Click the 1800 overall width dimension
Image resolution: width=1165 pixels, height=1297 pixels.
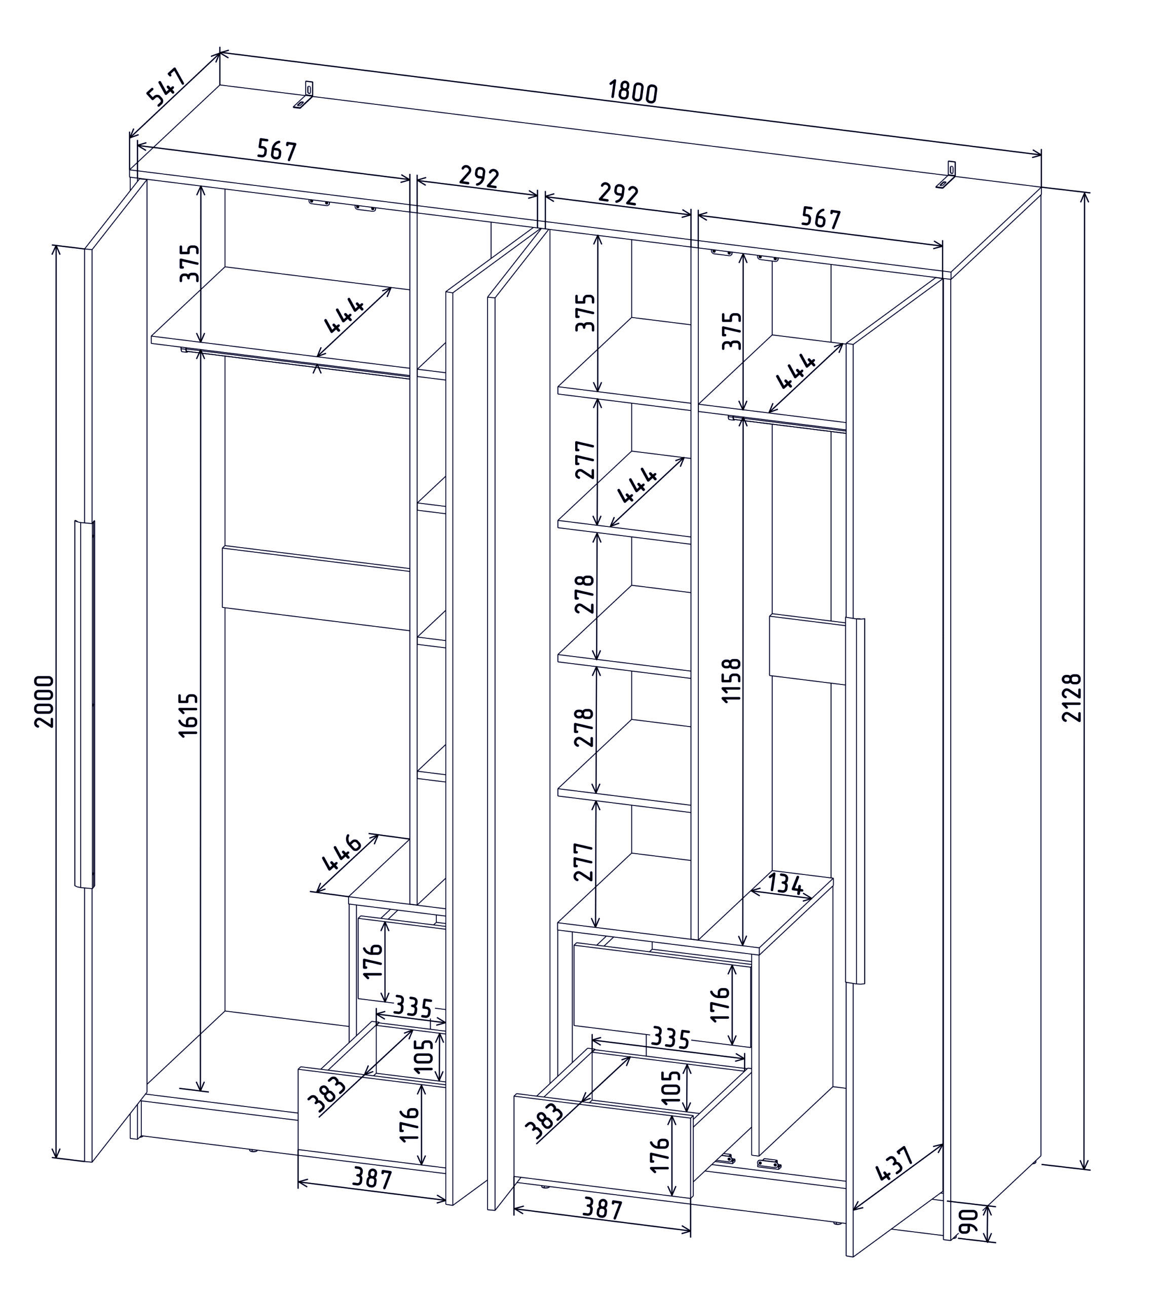click(x=632, y=92)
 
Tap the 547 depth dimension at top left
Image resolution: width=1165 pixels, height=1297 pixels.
click(x=166, y=86)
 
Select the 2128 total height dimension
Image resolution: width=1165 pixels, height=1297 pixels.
click(x=1071, y=698)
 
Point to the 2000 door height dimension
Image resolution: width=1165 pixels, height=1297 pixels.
click(x=45, y=701)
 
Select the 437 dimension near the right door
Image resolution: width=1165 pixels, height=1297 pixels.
click(x=894, y=1163)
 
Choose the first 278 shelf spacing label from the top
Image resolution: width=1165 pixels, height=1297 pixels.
click(x=584, y=594)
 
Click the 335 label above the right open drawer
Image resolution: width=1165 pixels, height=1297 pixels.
click(x=669, y=1039)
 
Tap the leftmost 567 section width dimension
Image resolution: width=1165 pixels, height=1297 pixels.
click(x=277, y=150)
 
